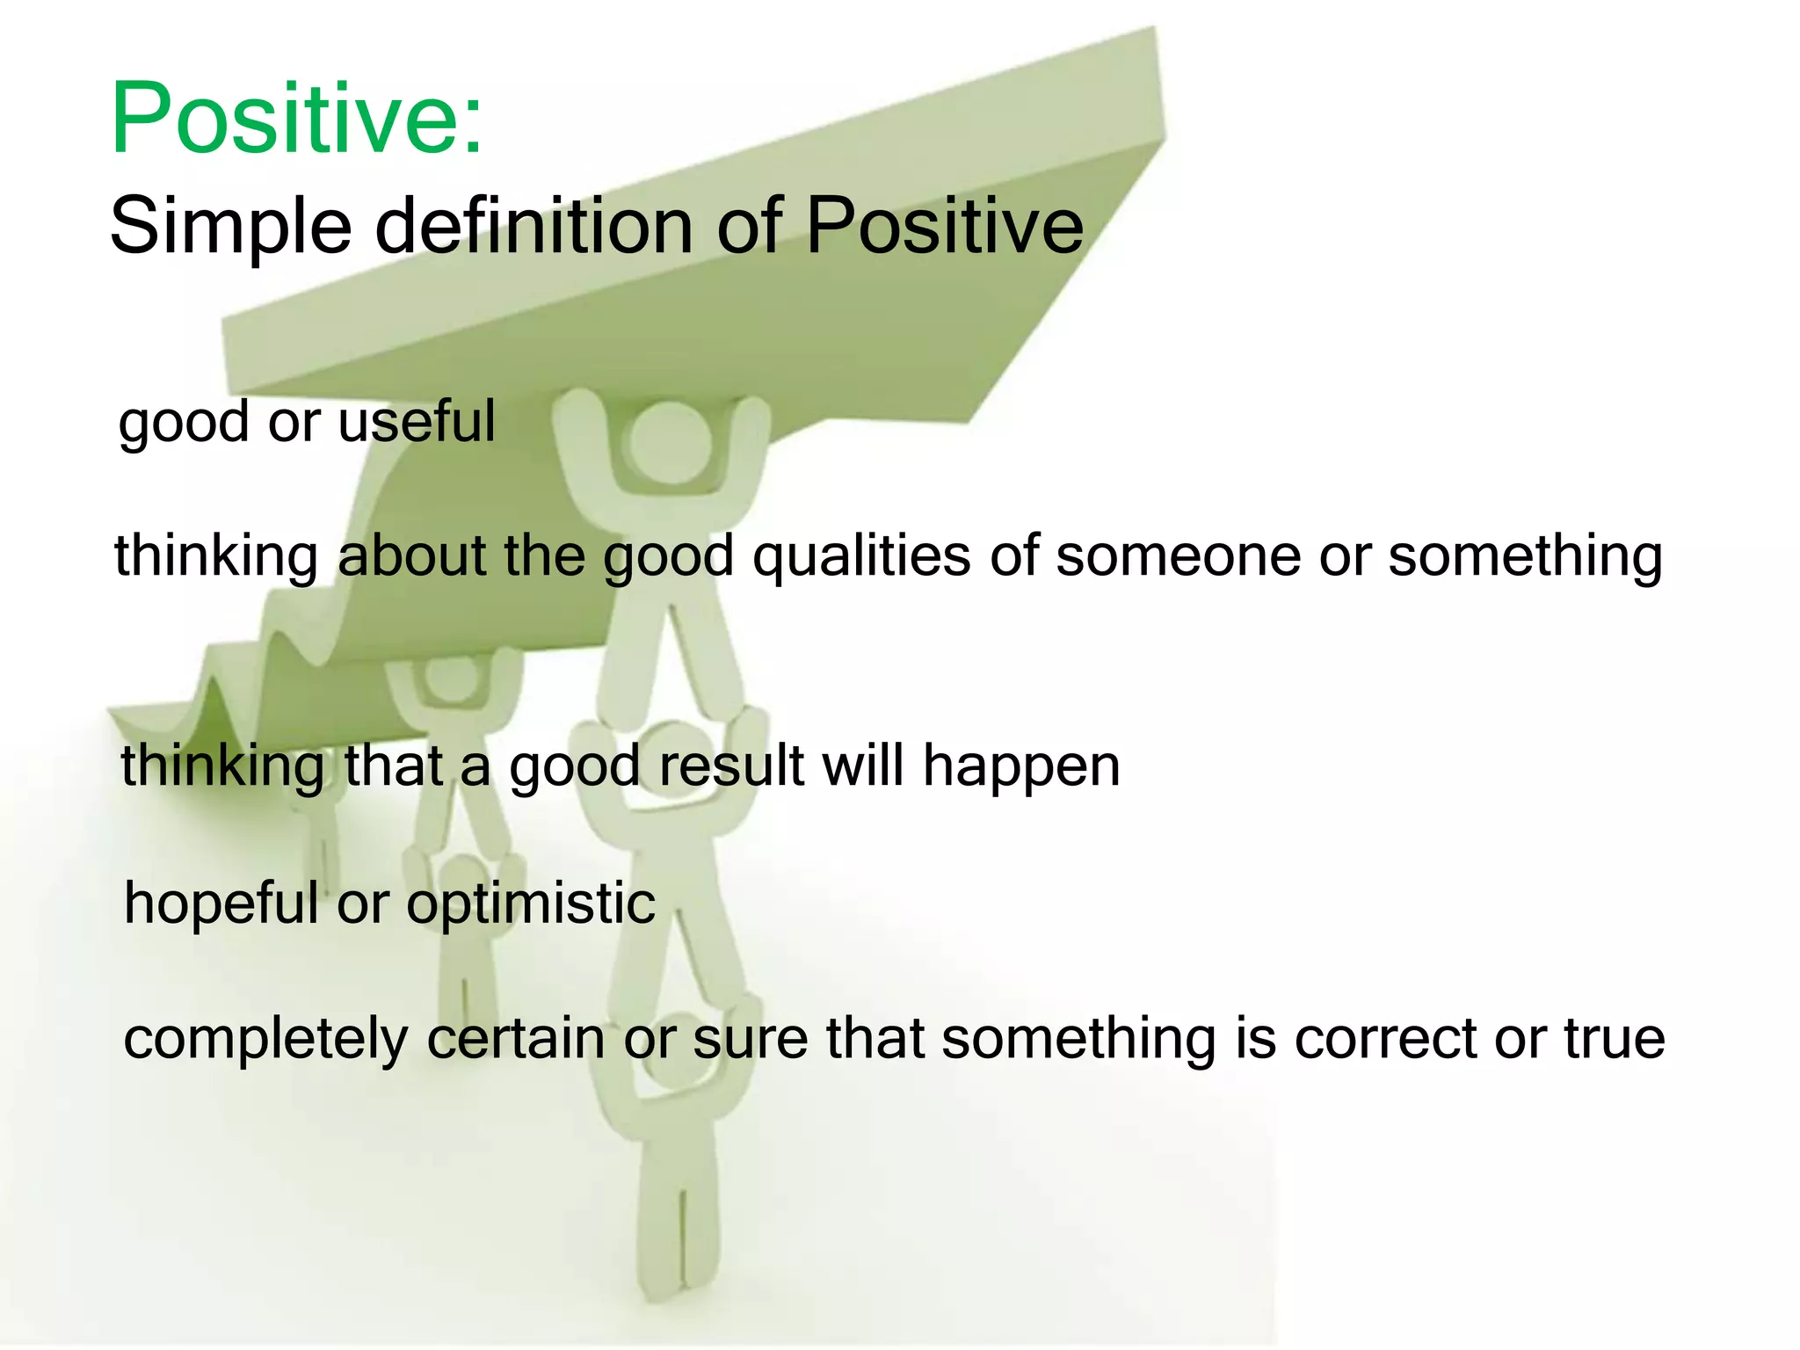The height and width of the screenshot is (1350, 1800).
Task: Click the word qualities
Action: (x=861, y=557)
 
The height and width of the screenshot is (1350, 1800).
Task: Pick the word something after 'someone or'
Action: (x=1525, y=557)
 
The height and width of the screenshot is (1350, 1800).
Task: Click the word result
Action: (x=731, y=765)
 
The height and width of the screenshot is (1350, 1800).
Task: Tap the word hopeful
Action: (x=221, y=904)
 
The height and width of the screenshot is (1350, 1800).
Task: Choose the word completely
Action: (x=265, y=1041)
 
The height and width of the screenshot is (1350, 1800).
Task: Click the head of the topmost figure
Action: (x=670, y=439)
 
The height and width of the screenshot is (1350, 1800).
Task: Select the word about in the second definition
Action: (x=411, y=555)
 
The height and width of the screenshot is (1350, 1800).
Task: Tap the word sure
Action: (x=750, y=1039)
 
